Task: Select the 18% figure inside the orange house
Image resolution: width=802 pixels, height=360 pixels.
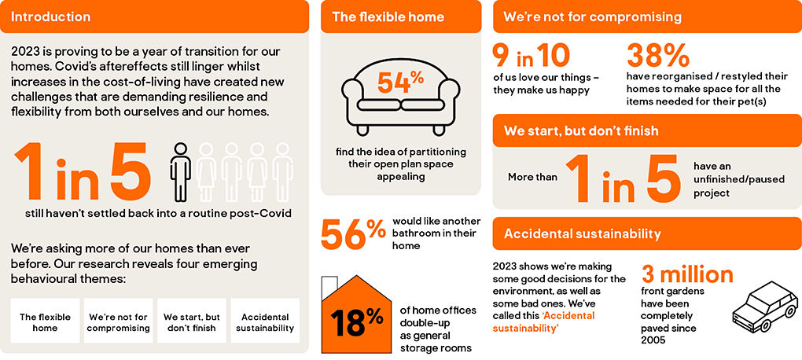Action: tap(356, 321)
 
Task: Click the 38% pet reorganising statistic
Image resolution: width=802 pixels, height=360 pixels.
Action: tap(657, 57)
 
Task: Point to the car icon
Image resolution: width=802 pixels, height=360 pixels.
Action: tap(765, 307)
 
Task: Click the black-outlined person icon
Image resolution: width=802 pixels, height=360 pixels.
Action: tap(180, 172)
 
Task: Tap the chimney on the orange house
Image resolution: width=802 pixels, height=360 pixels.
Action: tap(329, 284)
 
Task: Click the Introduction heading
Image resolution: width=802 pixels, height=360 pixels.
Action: tap(50, 17)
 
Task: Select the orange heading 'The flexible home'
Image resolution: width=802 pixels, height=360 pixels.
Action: tap(388, 17)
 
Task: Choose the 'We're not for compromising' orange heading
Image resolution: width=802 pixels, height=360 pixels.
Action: tap(592, 17)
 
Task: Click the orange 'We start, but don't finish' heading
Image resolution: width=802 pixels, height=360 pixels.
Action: tap(581, 131)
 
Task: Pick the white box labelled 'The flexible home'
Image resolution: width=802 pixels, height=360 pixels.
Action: tap(45, 321)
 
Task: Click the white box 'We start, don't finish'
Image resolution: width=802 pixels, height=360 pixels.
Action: tap(191, 321)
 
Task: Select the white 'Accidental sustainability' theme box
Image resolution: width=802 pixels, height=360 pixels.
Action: tap(265, 321)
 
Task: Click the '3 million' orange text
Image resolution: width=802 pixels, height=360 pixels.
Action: tap(687, 274)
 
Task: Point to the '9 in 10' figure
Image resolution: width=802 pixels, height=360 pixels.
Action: tap(531, 57)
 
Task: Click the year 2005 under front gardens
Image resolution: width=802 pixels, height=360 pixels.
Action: tap(653, 340)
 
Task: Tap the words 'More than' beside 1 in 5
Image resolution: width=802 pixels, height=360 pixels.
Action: tap(532, 177)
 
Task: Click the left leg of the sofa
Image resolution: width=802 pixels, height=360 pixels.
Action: tap(362, 130)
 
